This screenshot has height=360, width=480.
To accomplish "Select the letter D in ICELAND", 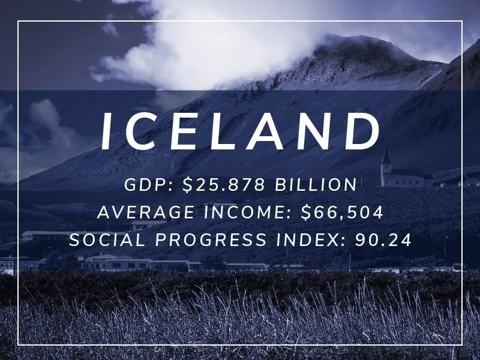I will pos(361,132).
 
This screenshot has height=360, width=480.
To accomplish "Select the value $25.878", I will pos(224,185).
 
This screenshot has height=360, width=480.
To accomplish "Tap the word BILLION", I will pos(316,185).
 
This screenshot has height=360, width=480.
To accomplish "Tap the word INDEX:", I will pos(310,240).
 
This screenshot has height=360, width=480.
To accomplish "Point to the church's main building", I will pos(405,178).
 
